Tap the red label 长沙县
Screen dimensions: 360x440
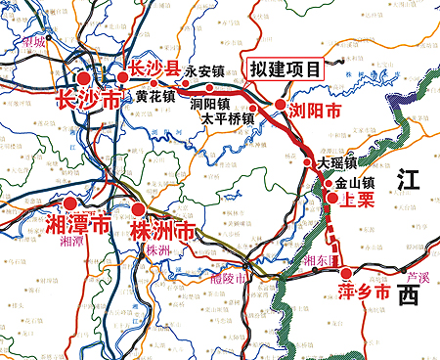(x=150, y=69)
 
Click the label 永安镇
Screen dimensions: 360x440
(x=205, y=71)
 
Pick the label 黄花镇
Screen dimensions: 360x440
(x=156, y=97)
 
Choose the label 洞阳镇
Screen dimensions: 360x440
(x=209, y=103)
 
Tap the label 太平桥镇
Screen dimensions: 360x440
(x=228, y=118)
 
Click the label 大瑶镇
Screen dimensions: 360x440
(x=337, y=163)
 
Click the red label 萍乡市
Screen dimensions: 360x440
(x=364, y=292)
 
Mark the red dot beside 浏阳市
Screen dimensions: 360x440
(x=282, y=105)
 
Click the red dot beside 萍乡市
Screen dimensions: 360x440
(x=345, y=272)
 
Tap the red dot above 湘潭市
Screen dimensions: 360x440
(x=71, y=203)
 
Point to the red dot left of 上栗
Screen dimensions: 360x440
(x=332, y=199)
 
